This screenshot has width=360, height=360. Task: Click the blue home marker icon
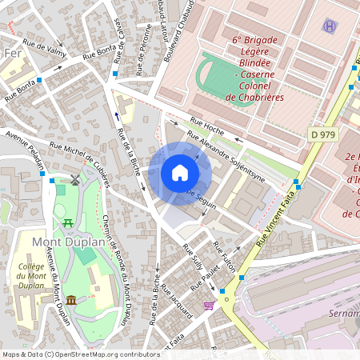tap(180, 172)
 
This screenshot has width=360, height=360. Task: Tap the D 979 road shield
tap(322, 135)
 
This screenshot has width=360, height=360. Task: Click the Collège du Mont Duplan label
tap(30, 277)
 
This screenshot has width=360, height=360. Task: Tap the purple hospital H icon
tap(330, 26)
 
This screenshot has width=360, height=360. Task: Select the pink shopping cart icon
tap(209, 305)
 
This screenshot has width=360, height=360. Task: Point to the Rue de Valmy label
tap(44, 49)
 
